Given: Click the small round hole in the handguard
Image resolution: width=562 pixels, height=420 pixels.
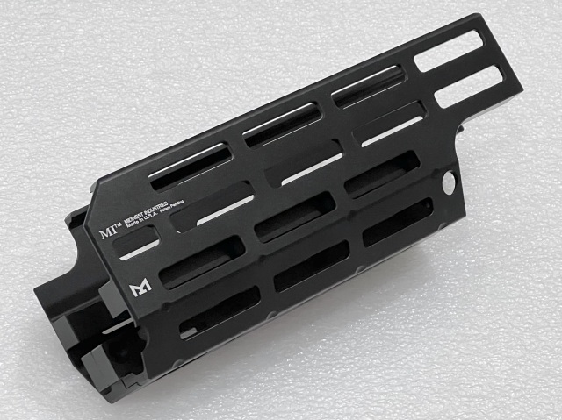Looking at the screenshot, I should click(450, 182).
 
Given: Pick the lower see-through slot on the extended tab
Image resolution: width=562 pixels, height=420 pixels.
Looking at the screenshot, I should click(468, 89).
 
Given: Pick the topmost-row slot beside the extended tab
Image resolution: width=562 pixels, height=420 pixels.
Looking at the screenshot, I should click(368, 86).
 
